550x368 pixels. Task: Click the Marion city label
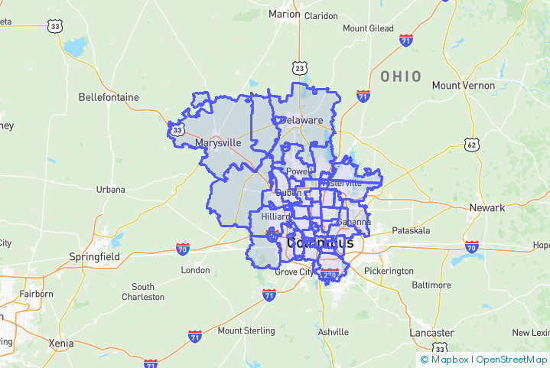coord(284,14)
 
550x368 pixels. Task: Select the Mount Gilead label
coord(367,28)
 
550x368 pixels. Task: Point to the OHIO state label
coord(401,77)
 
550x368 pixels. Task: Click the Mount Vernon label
coord(463,86)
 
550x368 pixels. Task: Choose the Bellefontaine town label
coord(109,97)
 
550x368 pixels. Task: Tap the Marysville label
coord(218,143)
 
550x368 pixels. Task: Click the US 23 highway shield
coord(300,69)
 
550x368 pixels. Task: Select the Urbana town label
coord(110,189)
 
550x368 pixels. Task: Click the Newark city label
coord(487,208)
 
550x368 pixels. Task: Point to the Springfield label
coord(94,257)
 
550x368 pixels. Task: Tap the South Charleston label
coord(142,291)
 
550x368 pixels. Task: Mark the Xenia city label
coord(61,343)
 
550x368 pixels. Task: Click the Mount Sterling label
coord(246,331)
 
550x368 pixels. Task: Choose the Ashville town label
coord(334,332)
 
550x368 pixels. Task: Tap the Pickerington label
coord(389,271)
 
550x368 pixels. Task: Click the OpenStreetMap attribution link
coord(511,359)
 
